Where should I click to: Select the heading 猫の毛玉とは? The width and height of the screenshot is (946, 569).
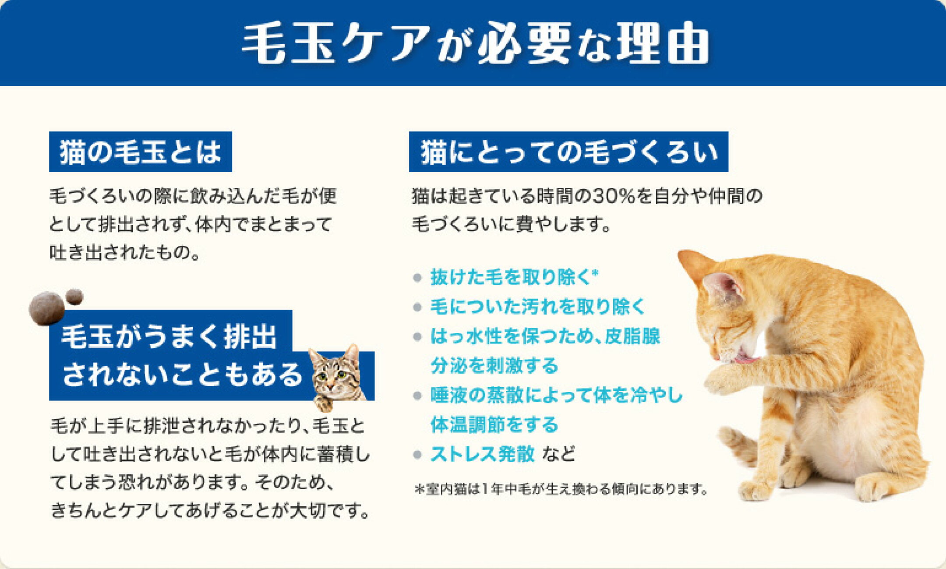(x=140, y=152)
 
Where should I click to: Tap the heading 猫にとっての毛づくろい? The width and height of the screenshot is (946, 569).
(x=569, y=152)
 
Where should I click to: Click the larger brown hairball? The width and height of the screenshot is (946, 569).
(x=46, y=308)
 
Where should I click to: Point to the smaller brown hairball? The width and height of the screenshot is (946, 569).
(x=74, y=297)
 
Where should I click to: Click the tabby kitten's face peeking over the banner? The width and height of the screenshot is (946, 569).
(x=335, y=372)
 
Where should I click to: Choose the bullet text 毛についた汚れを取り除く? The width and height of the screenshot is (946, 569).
(x=538, y=307)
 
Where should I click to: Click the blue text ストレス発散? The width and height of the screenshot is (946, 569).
(x=483, y=454)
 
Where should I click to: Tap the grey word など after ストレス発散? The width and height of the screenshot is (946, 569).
(x=558, y=454)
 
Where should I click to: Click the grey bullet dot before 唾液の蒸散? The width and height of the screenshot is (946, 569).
(x=417, y=396)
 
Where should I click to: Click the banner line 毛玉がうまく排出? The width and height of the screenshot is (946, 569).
(x=169, y=337)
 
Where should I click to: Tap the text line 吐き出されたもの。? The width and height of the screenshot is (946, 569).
(x=125, y=253)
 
